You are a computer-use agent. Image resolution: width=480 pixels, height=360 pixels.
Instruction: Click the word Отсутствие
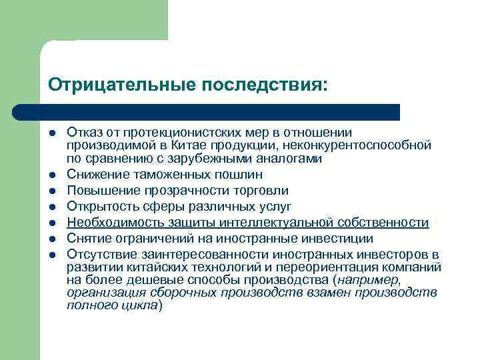click(97, 255)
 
